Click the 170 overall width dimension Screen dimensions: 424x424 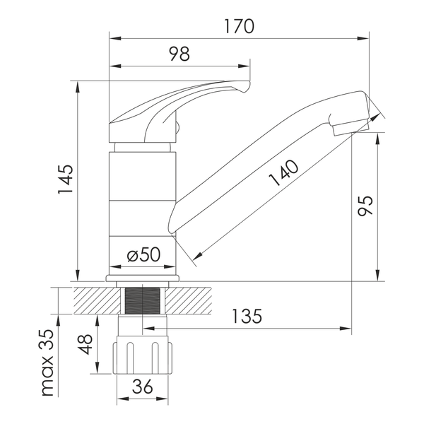pyautogui.click(x=240, y=26)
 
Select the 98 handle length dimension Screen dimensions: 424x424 pyautogui.click(x=179, y=54)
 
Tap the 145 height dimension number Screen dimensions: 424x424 pyautogui.click(x=66, y=179)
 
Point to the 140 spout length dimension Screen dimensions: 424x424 pyautogui.click(x=284, y=173)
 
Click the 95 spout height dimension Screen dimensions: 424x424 pyautogui.click(x=365, y=206)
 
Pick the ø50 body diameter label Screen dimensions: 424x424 pyautogui.click(x=143, y=254)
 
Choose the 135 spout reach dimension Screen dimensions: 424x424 pyautogui.click(x=247, y=316)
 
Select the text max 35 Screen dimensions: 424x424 pyautogui.click(x=48, y=363)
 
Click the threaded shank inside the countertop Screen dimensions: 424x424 pyautogui.click(x=142, y=301)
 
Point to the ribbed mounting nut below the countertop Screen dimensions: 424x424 pyautogui.click(x=143, y=355)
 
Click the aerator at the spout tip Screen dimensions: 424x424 pyautogui.click(x=351, y=129)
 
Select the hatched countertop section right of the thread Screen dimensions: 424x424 pyautogui.click(x=189, y=301)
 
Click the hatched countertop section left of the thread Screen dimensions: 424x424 pyautogui.click(x=97, y=301)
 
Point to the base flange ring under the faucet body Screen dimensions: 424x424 pyautogui.click(x=143, y=278)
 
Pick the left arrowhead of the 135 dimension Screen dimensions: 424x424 pyautogui.click(x=148, y=329)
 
